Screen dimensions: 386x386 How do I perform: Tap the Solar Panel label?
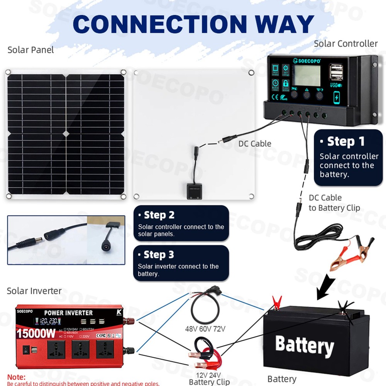[x=31, y=50]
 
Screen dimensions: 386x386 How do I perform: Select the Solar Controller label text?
[x=345, y=44]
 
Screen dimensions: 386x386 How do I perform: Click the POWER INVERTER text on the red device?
[x=68, y=313]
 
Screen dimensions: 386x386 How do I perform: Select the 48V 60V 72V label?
[x=205, y=329]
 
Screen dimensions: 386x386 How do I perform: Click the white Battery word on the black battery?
[x=304, y=345]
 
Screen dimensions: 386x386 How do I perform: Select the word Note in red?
[x=17, y=377]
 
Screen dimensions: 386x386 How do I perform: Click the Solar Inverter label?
[x=34, y=291]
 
